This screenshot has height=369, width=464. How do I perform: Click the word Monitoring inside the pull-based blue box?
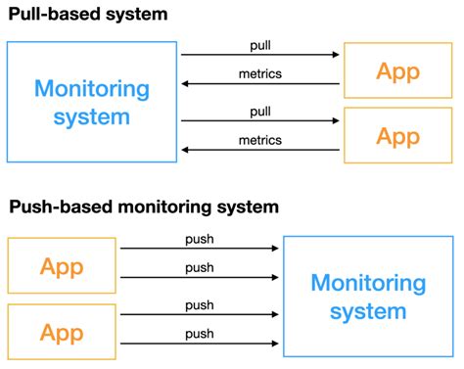click(92, 88)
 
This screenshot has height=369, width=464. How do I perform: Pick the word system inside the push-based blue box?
click(368, 312)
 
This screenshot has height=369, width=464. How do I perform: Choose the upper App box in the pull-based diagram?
click(397, 70)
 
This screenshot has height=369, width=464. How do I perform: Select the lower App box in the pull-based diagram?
click(397, 136)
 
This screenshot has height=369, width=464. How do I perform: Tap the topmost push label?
click(200, 238)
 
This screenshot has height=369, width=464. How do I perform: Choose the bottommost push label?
click(200, 334)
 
